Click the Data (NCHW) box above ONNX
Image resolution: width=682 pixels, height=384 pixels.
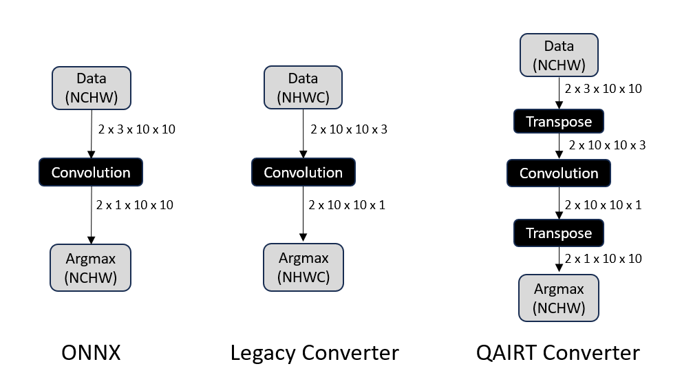point(91,87)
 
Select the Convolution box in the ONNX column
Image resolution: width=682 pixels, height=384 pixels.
point(91,172)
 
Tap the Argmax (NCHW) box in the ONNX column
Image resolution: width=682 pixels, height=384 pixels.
point(91,268)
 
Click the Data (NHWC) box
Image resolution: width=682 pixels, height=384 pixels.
point(303,87)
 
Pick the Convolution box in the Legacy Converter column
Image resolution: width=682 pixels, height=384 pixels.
point(303,172)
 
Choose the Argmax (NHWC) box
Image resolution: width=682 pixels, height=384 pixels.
point(303,268)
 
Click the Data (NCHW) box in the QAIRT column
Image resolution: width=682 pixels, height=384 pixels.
point(559,56)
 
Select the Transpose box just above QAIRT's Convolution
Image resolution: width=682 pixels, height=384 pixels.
point(559,122)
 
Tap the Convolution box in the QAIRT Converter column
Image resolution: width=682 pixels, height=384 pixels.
point(559,173)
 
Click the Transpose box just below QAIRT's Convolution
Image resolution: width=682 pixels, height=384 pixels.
point(559,233)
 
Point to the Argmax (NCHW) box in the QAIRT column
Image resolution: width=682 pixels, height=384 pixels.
point(559,297)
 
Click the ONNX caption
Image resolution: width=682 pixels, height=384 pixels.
point(91,353)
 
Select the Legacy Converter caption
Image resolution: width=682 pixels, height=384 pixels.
point(315,353)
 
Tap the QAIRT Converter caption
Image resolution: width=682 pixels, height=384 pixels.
point(558,353)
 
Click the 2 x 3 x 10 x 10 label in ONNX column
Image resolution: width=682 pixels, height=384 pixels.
point(136,129)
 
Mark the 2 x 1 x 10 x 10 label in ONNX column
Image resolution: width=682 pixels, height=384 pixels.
point(136,204)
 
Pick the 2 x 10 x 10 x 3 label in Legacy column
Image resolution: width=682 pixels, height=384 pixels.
point(349,129)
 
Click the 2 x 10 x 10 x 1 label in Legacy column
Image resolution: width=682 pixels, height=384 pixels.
point(348,204)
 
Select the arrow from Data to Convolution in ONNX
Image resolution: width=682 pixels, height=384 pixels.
point(91,134)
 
